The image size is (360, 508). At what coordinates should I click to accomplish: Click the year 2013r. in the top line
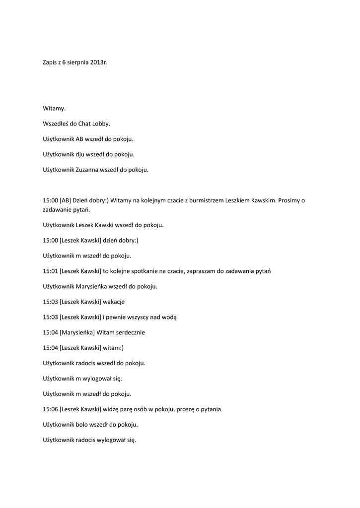click(x=99, y=63)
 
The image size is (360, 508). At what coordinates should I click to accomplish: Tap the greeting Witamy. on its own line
click(x=54, y=108)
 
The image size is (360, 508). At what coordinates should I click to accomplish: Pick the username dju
click(x=80, y=154)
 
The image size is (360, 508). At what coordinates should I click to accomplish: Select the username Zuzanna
click(x=87, y=170)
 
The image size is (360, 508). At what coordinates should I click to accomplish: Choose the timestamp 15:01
click(x=50, y=271)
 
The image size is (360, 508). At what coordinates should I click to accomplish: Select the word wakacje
click(x=114, y=302)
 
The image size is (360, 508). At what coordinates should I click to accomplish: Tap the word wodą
click(x=168, y=317)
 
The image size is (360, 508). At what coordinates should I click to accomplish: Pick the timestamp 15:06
click(x=50, y=409)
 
